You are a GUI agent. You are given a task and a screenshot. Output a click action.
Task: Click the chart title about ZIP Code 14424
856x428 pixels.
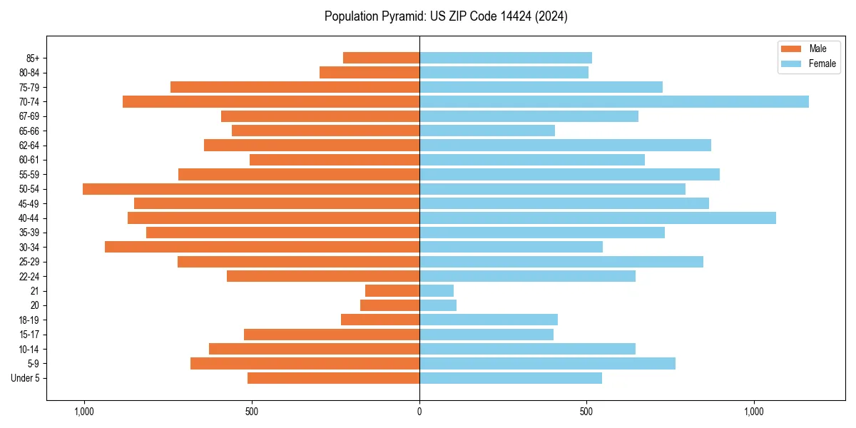pos(446,16)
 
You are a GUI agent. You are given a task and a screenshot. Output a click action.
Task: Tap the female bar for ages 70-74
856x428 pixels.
pos(613,101)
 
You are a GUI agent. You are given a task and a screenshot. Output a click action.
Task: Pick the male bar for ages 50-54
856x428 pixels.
pos(251,189)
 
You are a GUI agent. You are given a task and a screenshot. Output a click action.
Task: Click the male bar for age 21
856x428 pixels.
pos(392,291)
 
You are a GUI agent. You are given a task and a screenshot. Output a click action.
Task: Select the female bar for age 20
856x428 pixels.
pos(438,305)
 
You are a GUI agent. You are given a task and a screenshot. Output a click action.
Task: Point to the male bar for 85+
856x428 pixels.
pos(381,58)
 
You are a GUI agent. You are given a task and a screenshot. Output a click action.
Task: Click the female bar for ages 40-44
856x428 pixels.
pos(597,218)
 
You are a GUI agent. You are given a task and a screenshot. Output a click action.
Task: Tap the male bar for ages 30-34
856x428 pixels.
pos(262,247)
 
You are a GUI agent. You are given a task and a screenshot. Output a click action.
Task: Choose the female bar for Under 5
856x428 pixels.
pos(510,378)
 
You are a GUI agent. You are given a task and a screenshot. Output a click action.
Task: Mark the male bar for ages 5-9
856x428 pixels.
pos(305,364)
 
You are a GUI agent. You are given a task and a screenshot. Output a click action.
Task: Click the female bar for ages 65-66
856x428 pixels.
pos(486,131)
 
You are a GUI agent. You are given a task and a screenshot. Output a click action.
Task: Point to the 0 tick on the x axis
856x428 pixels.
pos(419,412)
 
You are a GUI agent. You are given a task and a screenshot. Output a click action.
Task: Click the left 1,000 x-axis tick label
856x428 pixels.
pos(84,412)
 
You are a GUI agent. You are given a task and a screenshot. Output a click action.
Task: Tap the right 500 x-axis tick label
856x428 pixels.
pos(586,412)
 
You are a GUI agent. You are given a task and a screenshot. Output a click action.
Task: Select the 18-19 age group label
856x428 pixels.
pos(29,320)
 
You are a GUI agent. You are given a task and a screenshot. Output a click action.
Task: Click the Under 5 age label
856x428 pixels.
pos(25,378)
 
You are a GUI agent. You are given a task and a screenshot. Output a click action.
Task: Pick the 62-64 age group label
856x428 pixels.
pos(29,146)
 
